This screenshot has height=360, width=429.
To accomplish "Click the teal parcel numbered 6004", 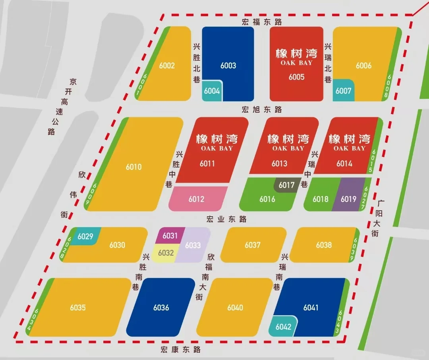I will coord(212,91).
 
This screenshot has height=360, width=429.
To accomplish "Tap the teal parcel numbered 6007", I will coord(343,90).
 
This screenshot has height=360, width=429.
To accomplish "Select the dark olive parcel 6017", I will coord(286,185).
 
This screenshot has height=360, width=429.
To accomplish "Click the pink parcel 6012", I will coord(197,199).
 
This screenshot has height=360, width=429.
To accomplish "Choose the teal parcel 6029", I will coord(85,237).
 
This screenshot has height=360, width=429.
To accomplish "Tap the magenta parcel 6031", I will coord(170,236).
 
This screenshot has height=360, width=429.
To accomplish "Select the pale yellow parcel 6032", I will coord(166,253).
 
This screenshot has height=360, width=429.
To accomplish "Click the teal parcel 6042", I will coord(283,327).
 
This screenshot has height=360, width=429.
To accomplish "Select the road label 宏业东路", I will coord(226,219).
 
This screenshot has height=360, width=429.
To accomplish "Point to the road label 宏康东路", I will coord(181,350).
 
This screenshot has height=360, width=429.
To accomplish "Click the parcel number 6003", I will coord(228,65).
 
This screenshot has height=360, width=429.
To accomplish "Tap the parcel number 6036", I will coord(161,308).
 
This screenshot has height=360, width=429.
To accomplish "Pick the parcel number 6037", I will coord(253,245).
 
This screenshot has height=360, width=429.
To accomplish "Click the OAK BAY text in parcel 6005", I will coord(296,63).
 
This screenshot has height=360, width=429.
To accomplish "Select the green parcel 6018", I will coord(320,199).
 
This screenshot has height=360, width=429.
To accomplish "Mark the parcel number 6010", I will coord(133,167).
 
